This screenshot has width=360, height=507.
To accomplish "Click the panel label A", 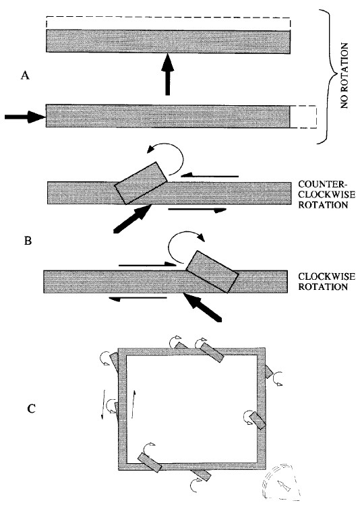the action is click(x=25, y=76).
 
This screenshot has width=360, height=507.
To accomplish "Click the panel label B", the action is click(x=28, y=241).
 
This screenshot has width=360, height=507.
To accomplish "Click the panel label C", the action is click(x=31, y=409).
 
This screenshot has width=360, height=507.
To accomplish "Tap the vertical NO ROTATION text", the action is click(x=344, y=76).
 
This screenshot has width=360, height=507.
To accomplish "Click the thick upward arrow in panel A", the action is click(x=167, y=74).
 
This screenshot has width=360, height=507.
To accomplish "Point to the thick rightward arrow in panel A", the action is click(x=25, y=117).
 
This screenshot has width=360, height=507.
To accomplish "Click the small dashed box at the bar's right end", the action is click(x=303, y=117).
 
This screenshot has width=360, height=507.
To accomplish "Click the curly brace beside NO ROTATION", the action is click(x=328, y=77).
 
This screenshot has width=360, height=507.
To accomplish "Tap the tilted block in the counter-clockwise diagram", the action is click(x=142, y=183).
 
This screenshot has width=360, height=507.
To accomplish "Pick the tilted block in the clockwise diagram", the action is click(x=212, y=272).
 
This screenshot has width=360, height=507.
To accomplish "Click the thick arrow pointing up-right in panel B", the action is click(x=133, y=218).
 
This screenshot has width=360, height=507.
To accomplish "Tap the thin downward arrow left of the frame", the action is click(x=104, y=405).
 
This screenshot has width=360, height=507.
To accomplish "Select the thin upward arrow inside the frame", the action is click(x=133, y=404).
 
